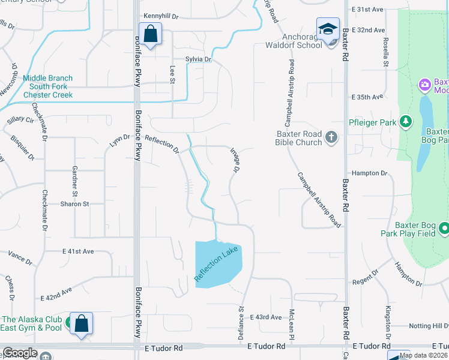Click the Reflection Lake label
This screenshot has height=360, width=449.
tap(216, 263)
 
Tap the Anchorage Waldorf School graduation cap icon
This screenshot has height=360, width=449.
tap(328, 29)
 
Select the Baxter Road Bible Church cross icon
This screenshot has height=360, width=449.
tap(331, 138)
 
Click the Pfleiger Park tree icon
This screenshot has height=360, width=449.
tap(406, 122)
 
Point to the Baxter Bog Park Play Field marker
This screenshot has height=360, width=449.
tap(444, 229)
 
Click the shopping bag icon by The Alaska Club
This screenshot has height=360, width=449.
tap(81, 323)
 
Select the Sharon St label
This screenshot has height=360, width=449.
tap(74, 204)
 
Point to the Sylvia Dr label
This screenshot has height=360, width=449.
tap(199, 59)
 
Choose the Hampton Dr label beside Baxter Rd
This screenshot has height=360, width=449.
tap(370, 173)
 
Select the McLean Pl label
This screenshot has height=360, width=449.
tap(291, 323)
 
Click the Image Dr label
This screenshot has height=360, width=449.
tap(235, 160)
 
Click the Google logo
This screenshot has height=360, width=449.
tap(20, 353)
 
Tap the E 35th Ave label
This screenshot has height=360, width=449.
tap(367, 97)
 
